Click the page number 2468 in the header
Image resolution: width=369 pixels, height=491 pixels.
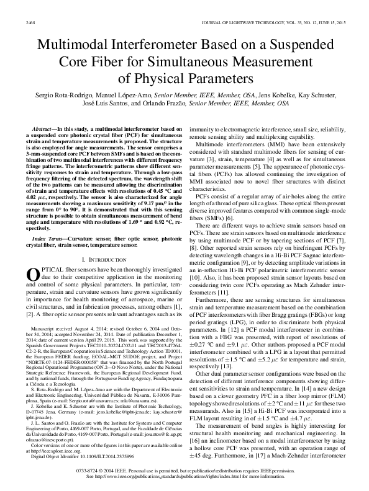pyautogui.click(x=29, y=24)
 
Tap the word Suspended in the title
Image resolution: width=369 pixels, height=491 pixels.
pyautogui.click(x=295, y=46)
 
